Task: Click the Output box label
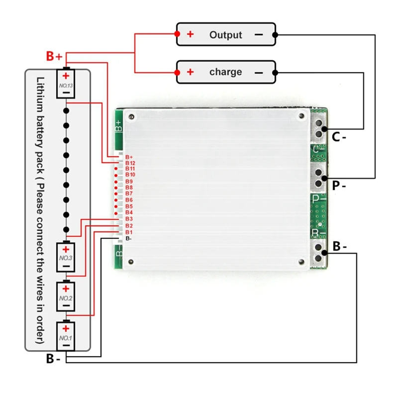[x=225, y=34]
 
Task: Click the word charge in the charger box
[x=225, y=72]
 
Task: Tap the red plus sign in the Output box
[x=190, y=34]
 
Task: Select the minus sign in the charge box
[x=259, y=73]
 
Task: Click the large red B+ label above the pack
[x=54, y=56]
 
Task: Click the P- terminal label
[x=339, y=186]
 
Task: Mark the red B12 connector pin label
[x=130, y=163]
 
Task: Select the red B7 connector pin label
[x=129, y=194]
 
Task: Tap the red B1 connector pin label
[x=129, y=232]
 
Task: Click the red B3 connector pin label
[x=129, y=219]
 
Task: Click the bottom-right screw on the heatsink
[x=301, y=262]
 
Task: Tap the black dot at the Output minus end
[x=275, y=34]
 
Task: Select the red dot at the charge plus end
[x=177, y=72]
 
